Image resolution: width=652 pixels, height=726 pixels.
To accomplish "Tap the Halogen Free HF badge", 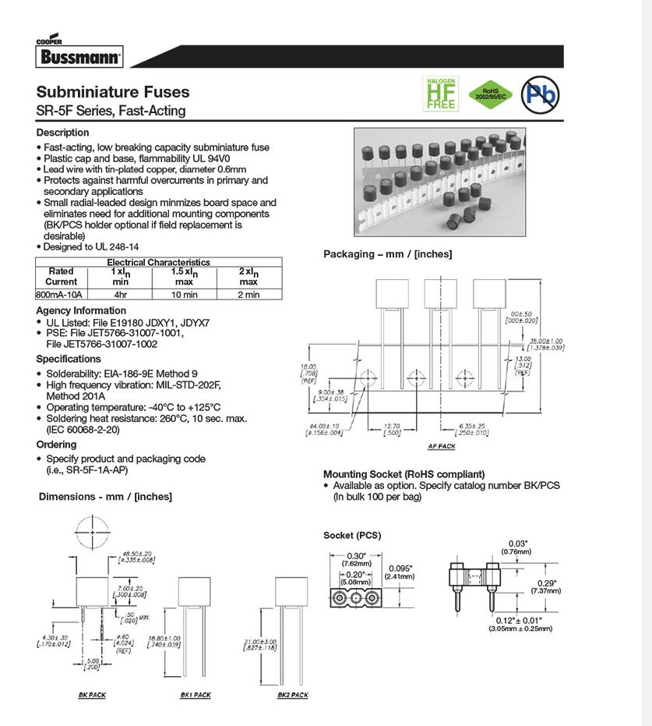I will tap(440, 94).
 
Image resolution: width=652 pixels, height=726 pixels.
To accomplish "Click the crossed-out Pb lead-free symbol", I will tap(541, 94).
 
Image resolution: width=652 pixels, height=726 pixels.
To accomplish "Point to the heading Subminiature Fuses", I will tap(113, 92).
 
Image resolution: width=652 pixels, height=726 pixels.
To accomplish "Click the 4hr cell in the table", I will tap(120, 295).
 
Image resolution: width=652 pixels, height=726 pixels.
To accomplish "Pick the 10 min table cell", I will tap(184, 295).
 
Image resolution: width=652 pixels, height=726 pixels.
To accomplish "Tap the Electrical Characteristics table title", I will tap(158, 263).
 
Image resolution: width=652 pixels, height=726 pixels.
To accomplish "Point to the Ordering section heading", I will tap(56, 444).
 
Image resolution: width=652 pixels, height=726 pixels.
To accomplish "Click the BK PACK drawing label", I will tap(92, 695).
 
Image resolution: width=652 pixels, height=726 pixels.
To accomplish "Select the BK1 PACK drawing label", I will tap(196, 695).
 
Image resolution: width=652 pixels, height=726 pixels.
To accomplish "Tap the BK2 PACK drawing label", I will tap(293, 695).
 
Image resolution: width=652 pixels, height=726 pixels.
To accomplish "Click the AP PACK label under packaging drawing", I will tap(442, 447).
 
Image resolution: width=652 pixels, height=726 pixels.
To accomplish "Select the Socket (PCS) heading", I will tap(351, 535).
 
